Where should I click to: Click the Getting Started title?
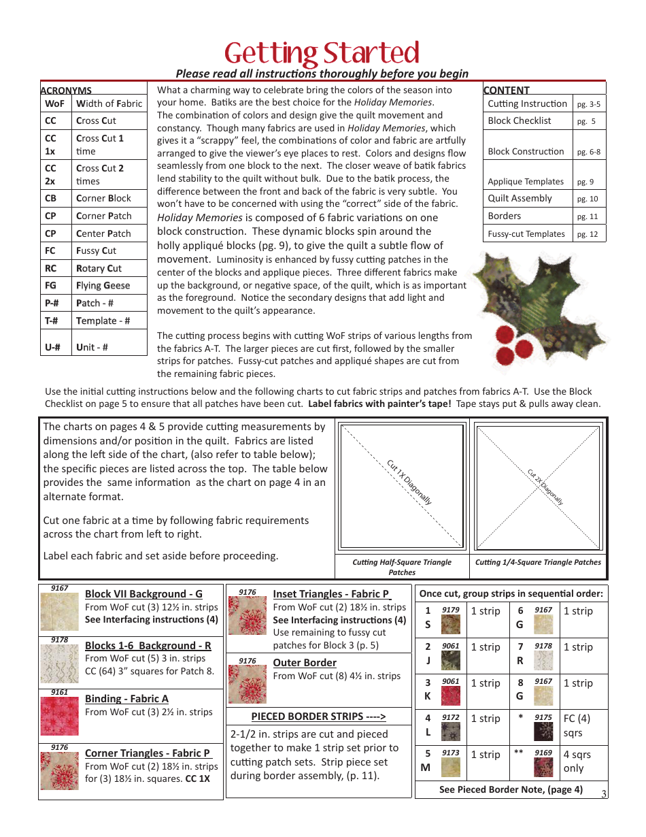pyautogui.click(x=322, y=53)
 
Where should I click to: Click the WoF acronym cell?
pyautogui.click(x=54, y=104)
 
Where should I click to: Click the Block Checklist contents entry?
pyautogui.click(x=520, y=121)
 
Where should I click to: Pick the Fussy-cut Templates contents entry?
pyautogui.click(x=526, y=233)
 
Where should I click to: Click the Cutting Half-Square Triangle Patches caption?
pyautogui.click(x=402, y=567)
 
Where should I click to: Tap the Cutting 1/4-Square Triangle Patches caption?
pyautogui.click(x=538, y=562)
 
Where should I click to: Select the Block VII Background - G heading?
pyautogui.click(x=143, y=594)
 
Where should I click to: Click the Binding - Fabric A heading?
pyautogui.click(x=126, y=699)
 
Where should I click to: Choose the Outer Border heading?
pyautogui.click(x=305, y=663)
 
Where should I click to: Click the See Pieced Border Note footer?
pyautogui.click(x=510, y=789)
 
